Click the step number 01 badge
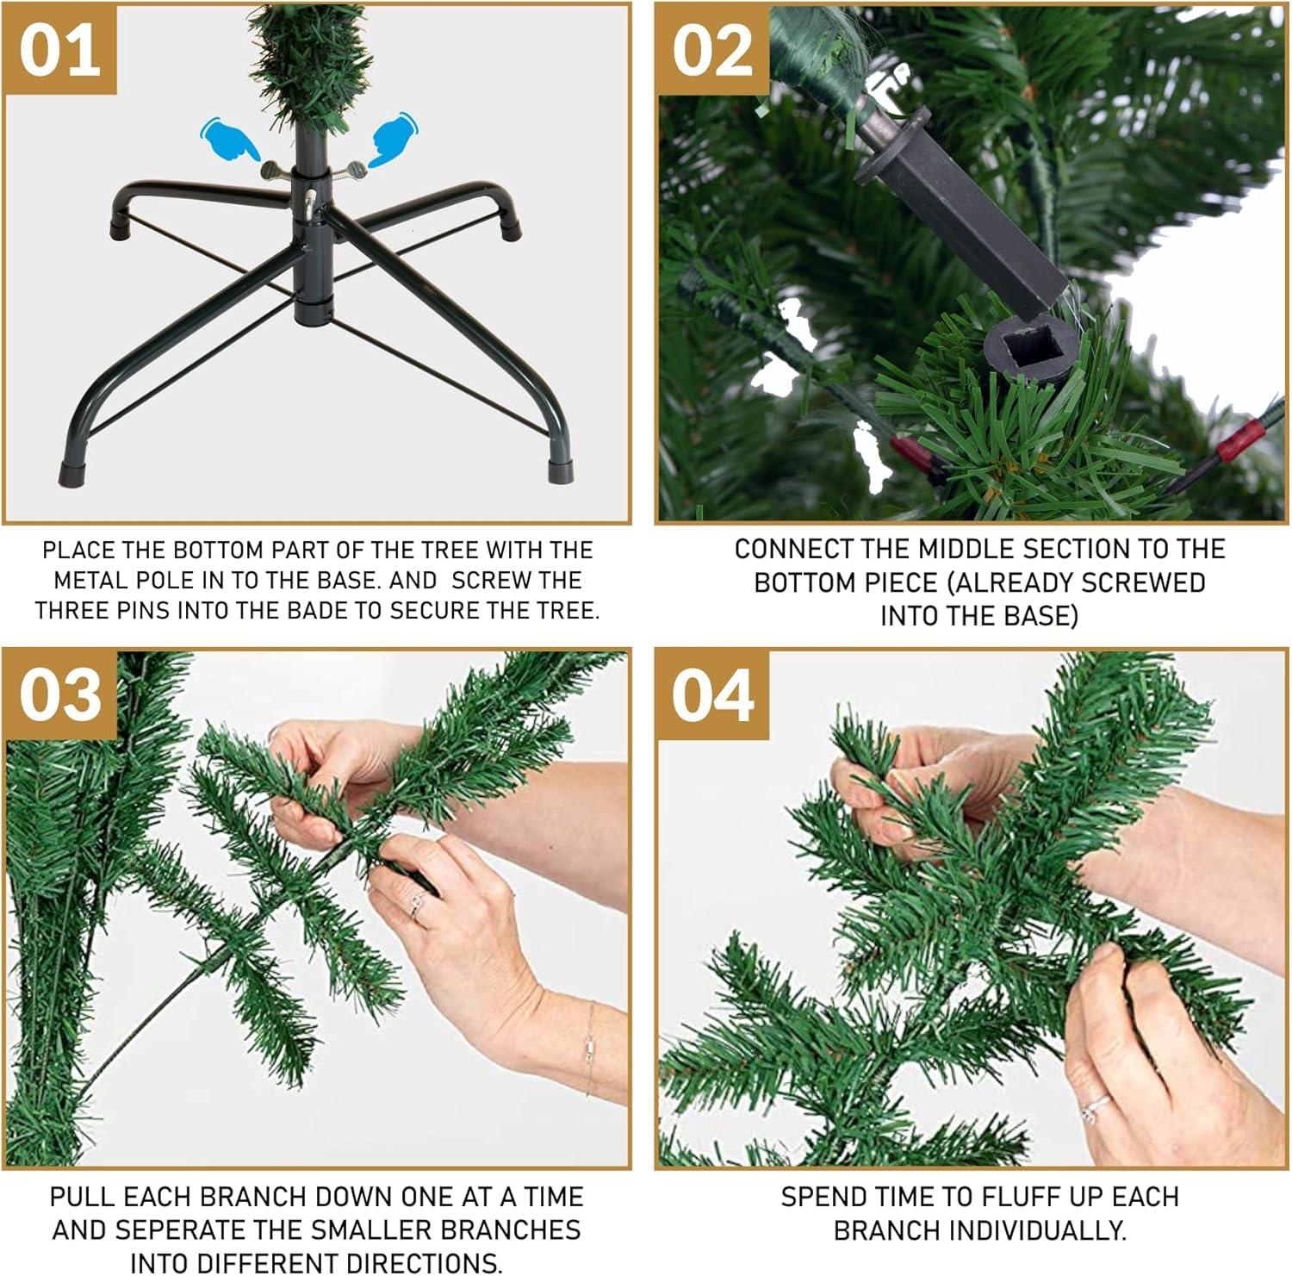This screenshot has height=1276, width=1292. (59, 50)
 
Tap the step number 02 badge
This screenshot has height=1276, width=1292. (712, 50)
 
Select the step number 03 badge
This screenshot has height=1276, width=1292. (59, 695)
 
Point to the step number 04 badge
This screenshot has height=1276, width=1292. (712, 695)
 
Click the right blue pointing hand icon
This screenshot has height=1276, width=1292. (393, 140)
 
